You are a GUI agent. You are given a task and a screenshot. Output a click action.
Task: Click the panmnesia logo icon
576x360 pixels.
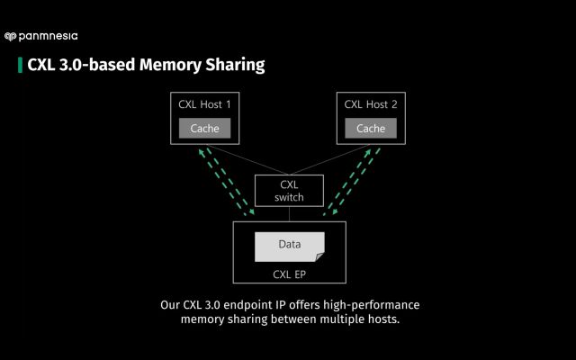(10, 37)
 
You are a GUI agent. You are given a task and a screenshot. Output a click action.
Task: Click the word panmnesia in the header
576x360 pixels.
(47, 37)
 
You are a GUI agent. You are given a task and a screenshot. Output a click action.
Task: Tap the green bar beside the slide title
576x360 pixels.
(20, 65)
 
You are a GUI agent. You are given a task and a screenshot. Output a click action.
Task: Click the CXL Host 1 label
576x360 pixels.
(204, 104)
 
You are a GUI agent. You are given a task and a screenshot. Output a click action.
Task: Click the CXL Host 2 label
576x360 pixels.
(370, 104)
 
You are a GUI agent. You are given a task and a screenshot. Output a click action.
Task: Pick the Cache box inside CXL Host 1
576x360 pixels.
(204, 129)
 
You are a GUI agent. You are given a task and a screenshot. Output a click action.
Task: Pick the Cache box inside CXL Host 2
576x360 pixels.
(370, 129)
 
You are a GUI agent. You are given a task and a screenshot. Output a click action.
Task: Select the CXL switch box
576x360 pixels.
(289, 191)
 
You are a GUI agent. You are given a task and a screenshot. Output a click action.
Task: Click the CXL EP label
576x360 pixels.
(289, 274)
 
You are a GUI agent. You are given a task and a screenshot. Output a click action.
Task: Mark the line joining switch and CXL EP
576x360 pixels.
(289, 214)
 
